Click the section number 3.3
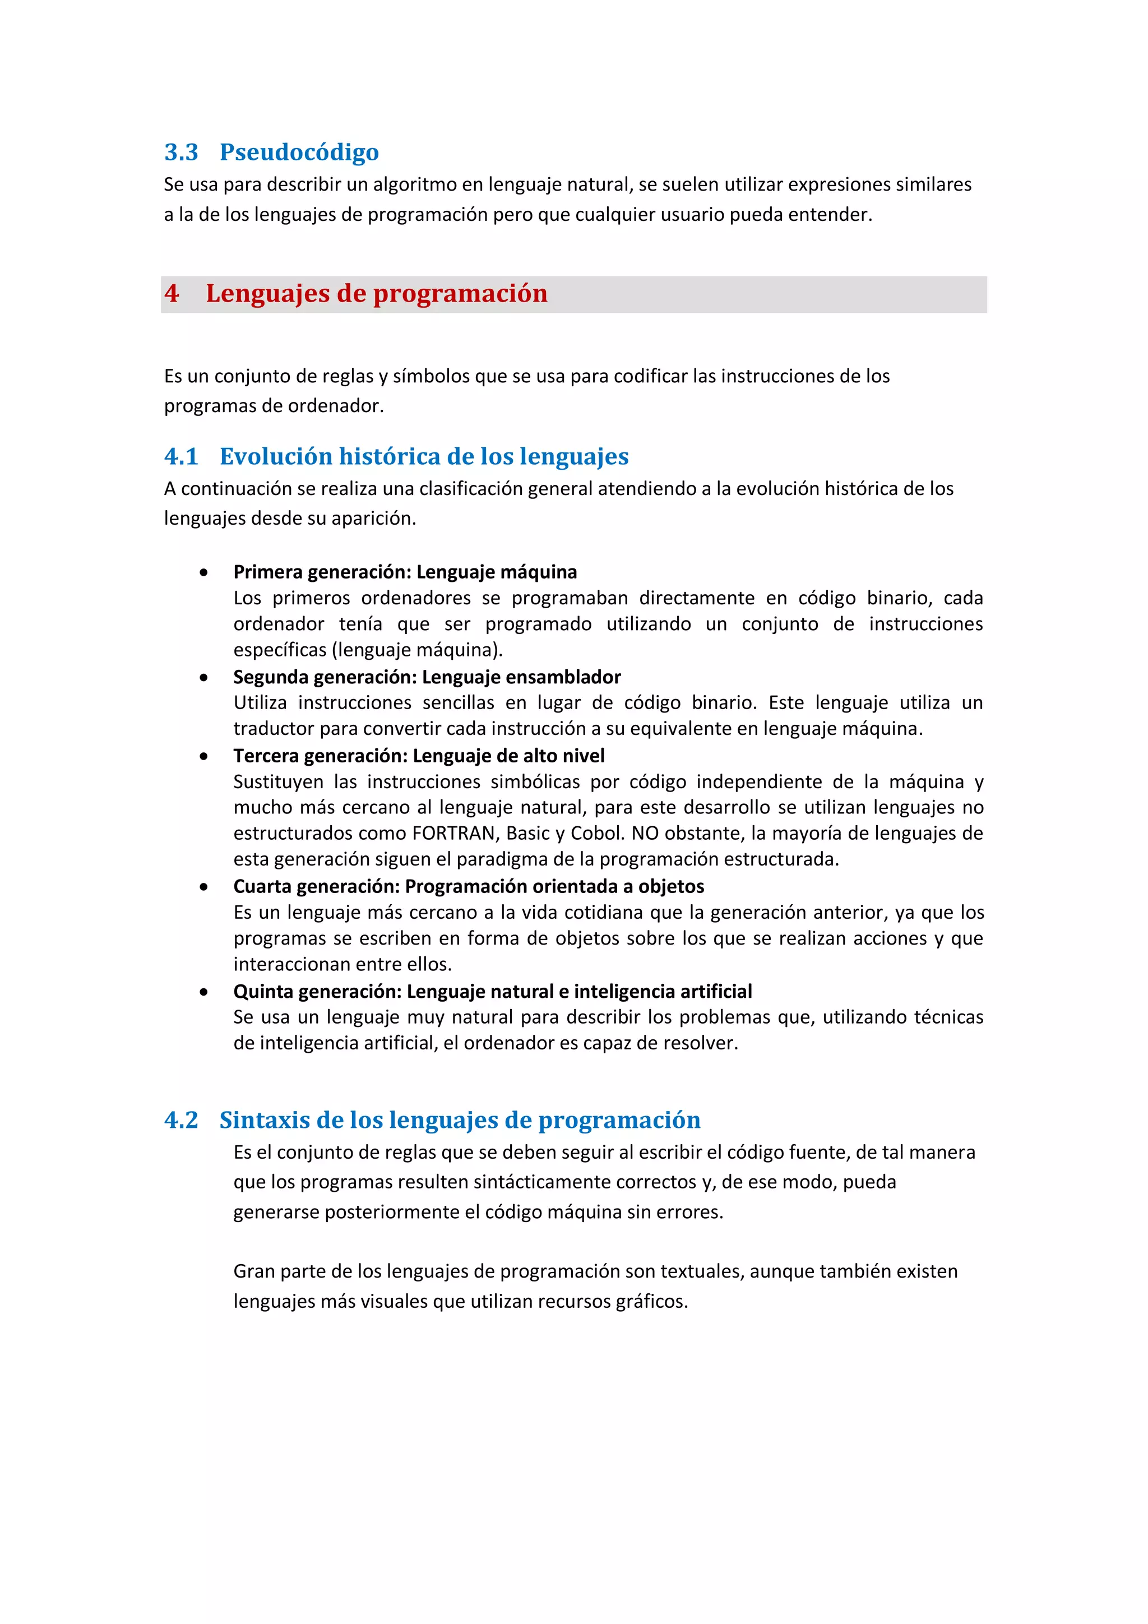point(181,152)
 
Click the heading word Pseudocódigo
point(299,152)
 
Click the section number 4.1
point(181,456)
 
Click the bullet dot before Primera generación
point(203,572)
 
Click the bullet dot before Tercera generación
point(203,756)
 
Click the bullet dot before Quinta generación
point(203,992)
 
